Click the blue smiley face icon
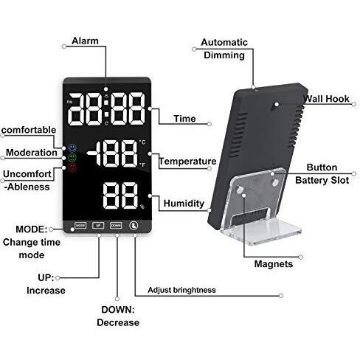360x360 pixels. coord(72,148)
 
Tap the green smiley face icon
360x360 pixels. coord(72,157)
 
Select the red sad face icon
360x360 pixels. coord(72,167)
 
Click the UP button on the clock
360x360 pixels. coord(98,225)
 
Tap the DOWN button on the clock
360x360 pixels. coord(116,225)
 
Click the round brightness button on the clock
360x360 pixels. coord(134,226)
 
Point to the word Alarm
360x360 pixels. coord(85,41)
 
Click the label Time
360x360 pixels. coord(184,119)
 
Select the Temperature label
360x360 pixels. coord(187,162)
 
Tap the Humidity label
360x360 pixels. coord(184,204)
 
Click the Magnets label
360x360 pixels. coord(274,264)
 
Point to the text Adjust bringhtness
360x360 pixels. coord(181,290)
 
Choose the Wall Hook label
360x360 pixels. coord(326,99)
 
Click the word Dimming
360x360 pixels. coord(224,55)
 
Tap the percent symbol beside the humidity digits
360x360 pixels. coord(142,207)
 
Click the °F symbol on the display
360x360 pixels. coord(142,165)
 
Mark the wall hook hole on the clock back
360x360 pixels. coord(276,105)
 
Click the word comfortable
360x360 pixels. coord(29,130)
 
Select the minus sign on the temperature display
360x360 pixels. coord(91,153)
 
